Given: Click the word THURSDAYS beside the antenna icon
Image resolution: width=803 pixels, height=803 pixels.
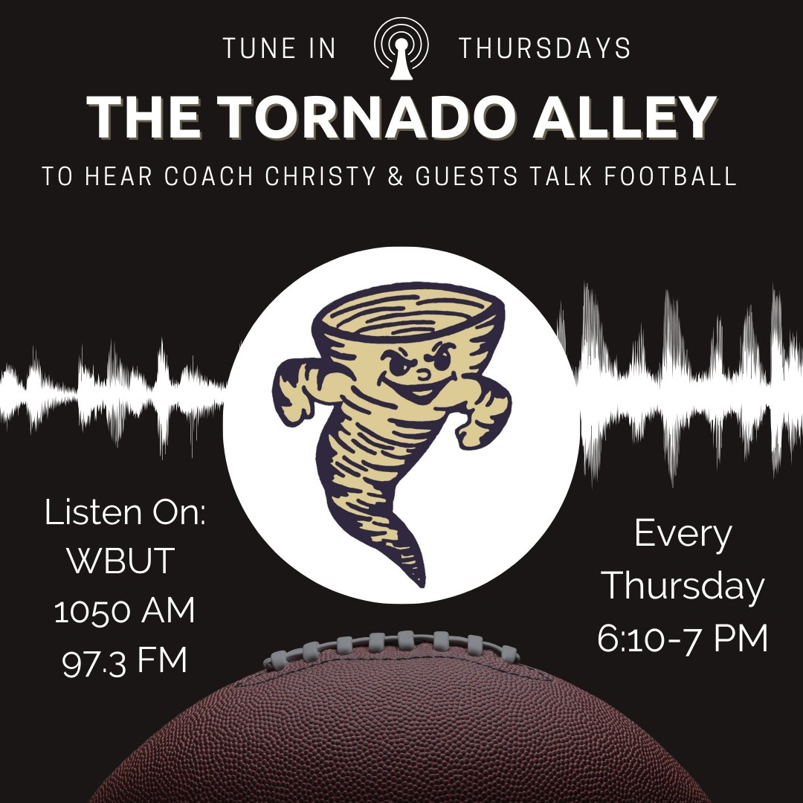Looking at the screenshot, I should click(x=545, y=49).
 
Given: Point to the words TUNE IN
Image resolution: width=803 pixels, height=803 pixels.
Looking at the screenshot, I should click(x=280, y=49).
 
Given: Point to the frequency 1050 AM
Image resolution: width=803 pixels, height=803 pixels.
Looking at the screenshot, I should click(x=125, y=611).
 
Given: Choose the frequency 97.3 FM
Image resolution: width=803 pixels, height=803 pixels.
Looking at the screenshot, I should click(x=125, y=661).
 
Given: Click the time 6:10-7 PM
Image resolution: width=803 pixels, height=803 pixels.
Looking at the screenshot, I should click(x=683, y=639).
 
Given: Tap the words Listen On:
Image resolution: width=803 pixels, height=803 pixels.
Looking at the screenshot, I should click(x=125, y=514).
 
